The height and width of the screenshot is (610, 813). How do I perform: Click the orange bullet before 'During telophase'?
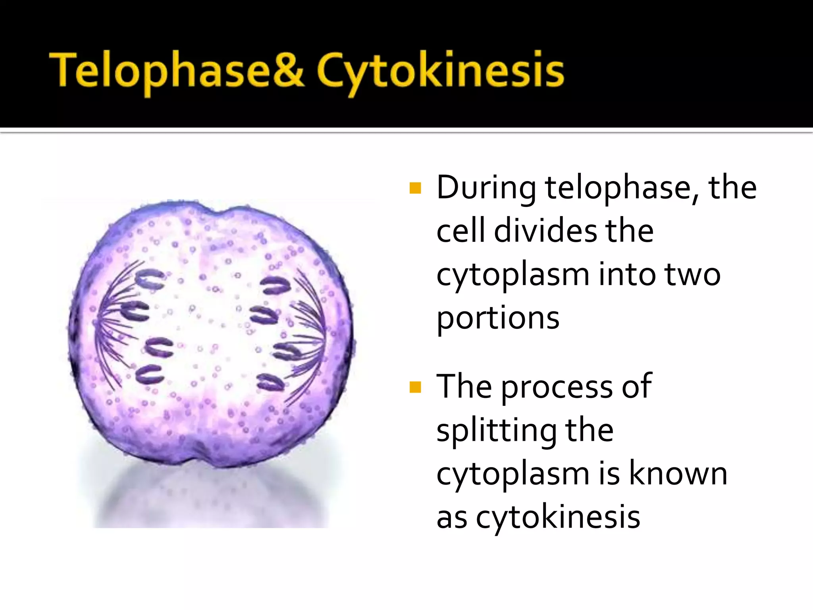pos(415,188)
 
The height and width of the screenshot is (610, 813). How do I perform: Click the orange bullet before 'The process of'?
pos(415,386)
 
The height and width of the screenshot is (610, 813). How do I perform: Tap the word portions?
pos(498,319)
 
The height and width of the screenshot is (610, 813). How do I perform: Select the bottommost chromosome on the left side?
pos(149,374)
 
